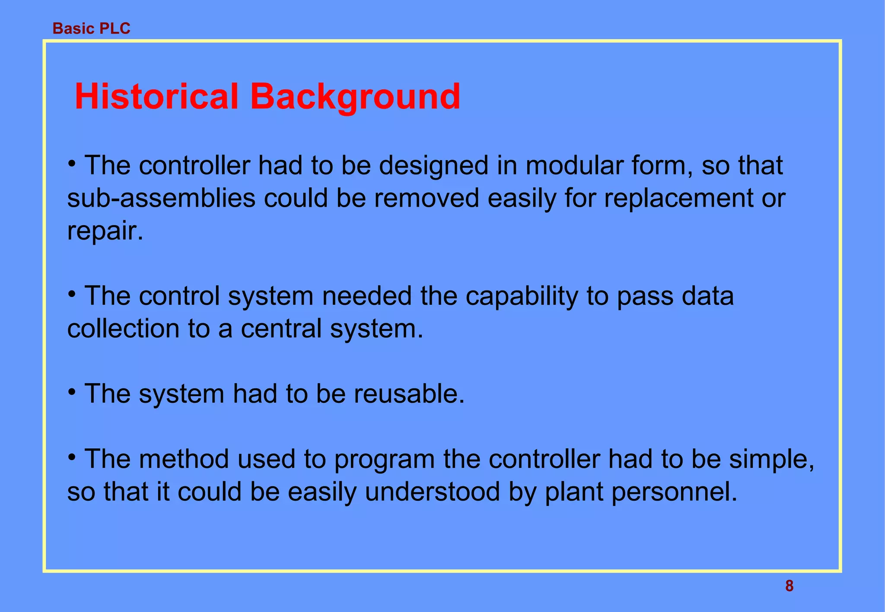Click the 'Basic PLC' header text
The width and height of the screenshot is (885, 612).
click(x=91, y=28)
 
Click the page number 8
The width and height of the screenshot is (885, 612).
click(x=789, y=586)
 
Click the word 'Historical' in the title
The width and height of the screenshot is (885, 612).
click(x=156, y=97)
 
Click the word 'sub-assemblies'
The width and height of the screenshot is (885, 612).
click(x=161, y=198)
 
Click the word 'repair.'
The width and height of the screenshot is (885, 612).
click(x=105, y=232)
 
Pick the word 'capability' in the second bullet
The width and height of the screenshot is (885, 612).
click(x=521, y=297)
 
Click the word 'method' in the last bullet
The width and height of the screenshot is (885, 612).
click(x=184, y=459)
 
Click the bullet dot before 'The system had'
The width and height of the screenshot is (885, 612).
click(x=72, y=392)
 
